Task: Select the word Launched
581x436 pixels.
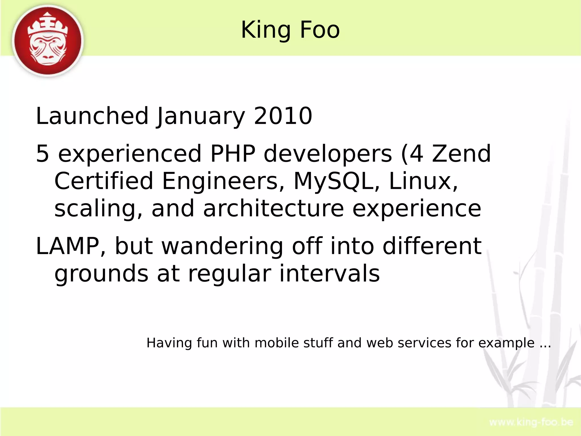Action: (92, 116)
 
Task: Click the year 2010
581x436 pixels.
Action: (283, 116)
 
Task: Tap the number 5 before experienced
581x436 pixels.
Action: (43, 154)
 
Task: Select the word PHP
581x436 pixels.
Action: (233, 154)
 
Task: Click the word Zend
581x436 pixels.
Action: (461, 154)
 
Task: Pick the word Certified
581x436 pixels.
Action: (104, 181)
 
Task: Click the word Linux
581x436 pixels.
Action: (423, 181)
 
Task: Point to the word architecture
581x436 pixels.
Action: (273, 208)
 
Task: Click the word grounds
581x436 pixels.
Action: (101, 274)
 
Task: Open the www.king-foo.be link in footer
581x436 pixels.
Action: (531, 422)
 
